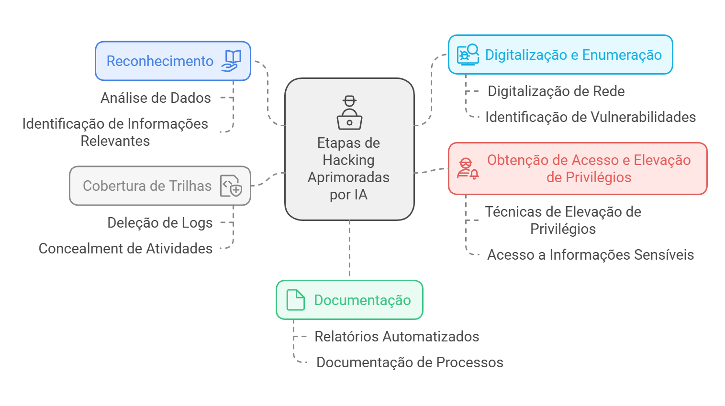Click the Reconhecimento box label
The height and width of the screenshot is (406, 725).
159,61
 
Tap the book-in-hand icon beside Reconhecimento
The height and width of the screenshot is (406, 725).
232,61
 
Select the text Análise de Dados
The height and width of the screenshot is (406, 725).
156,98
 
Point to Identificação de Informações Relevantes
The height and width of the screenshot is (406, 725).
115,132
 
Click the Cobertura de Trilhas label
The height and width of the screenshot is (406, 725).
147,186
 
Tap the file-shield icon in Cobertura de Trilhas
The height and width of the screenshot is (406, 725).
231,186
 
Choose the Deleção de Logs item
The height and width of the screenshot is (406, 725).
160,223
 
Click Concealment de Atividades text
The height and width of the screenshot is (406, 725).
125,249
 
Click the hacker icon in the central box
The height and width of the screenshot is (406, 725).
349,113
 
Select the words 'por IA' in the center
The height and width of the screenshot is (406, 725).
348,195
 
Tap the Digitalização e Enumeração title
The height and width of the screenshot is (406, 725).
573,55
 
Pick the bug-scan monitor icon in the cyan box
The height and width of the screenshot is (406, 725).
468,55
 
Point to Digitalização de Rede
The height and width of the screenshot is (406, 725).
556,91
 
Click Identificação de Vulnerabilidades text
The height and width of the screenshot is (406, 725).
591,117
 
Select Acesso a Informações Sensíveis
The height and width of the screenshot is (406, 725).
591,255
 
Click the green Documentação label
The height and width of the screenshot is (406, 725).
362,300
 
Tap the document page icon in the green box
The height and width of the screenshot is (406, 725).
295,300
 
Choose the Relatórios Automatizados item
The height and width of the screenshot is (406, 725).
397,337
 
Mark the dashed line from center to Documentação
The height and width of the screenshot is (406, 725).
349,249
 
